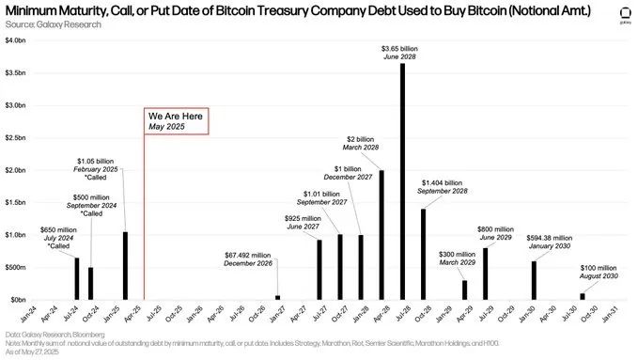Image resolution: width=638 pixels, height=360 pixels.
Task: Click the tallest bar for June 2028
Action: (402, 181)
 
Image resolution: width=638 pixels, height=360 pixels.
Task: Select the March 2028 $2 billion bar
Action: (381, 234)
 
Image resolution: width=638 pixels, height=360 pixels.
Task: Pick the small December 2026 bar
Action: (277, 297)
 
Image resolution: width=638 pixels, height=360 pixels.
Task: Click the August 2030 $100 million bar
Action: (582, 296)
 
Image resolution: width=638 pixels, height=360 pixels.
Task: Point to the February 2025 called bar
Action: (125, 266)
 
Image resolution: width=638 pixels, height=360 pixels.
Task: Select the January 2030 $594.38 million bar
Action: (534, 280)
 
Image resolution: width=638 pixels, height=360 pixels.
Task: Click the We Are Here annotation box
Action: (176, 120)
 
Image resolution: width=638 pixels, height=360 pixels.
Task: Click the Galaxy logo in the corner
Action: (619, 14)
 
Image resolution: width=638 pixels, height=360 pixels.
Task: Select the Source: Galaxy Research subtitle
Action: (52, 24)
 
